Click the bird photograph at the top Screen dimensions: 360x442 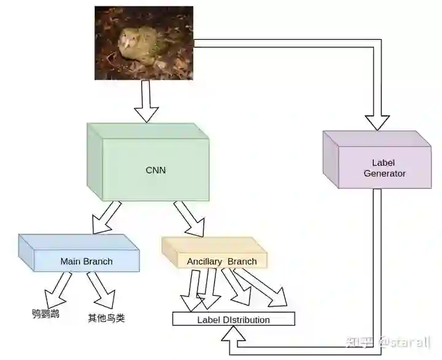coord(144,43)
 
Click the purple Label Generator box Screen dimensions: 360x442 coord(378,163)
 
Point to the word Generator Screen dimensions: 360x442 coord(385,174)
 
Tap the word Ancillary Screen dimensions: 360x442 coord(204,262)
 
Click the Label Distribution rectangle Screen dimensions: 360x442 coord(233,320)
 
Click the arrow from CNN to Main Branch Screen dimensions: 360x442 coord(106,218)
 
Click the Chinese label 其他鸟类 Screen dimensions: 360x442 coord(106,318)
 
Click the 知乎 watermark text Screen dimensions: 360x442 coord(359,341)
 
